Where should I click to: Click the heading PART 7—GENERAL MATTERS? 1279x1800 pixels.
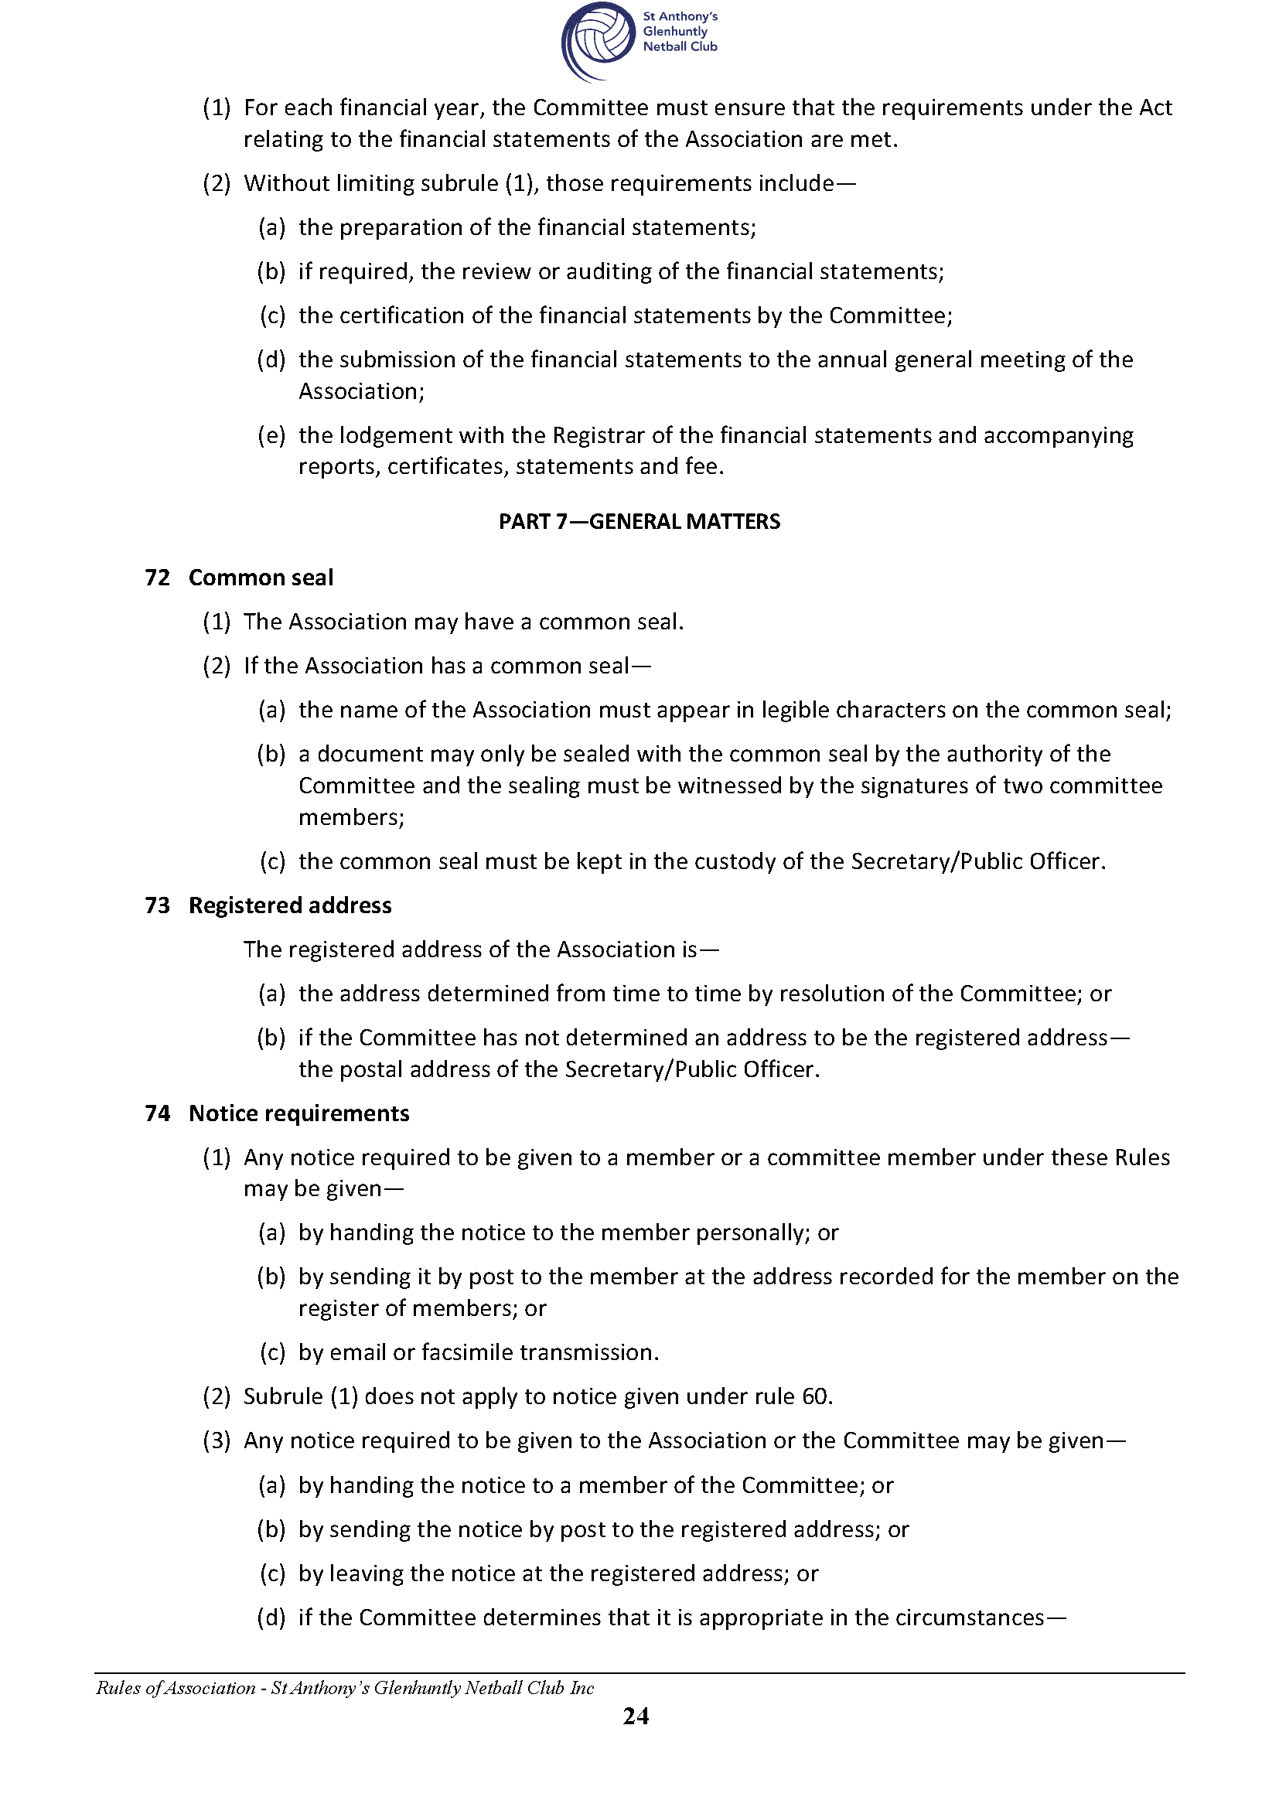pos(639,521)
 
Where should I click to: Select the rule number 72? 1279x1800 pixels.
pos(158,577)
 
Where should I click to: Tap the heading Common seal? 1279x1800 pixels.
pos(261,577)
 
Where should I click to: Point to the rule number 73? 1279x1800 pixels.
pos(158,905)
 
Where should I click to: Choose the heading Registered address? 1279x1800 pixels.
pos(290,905)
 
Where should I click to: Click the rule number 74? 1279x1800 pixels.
pos(158,1113)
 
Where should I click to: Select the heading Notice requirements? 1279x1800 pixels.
pos(299,1113)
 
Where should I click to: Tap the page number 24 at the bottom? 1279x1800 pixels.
pos(636,1716)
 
